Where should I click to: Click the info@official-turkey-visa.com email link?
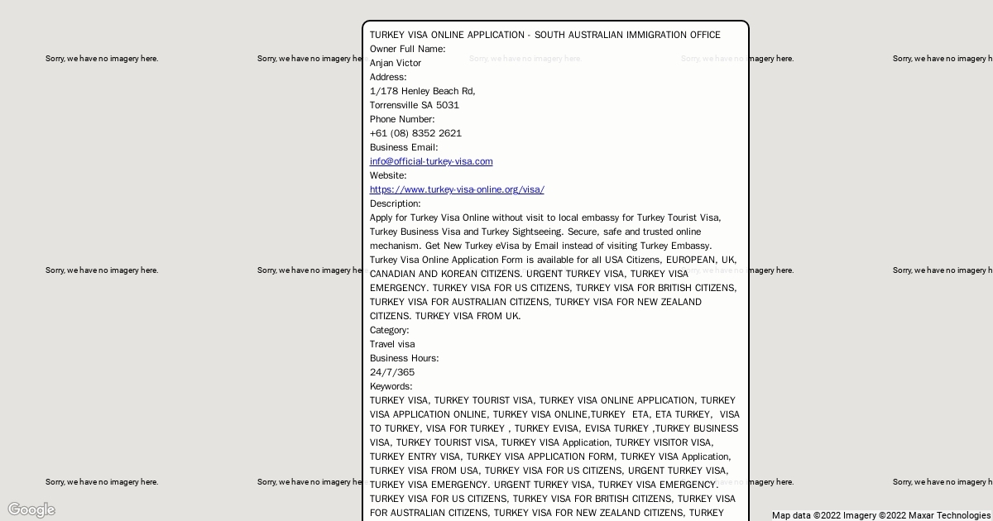coord(431,161)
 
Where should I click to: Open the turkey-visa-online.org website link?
coord(457,189)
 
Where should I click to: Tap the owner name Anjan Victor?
coord(396,63)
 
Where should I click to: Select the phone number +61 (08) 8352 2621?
coord(415,133)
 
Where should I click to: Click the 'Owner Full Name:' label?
coord(407,49)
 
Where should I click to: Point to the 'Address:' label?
coord(388,77)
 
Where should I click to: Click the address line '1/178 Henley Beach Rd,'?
coord(422,91)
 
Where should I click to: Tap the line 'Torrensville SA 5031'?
coord(415,105)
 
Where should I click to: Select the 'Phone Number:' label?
coord(402,119)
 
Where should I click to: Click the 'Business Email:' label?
coord(404,147)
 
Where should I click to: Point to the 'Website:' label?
coord(388,175)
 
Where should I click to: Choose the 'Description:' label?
coord(395,203)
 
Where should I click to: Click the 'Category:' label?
coord(390,330)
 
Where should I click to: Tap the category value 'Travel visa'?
coord(392,344)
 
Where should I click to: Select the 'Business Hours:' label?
coord(405,358)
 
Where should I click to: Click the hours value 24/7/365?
coord(392,372)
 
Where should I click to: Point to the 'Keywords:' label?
coord(391,386)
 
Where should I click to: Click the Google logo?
coord(31,509)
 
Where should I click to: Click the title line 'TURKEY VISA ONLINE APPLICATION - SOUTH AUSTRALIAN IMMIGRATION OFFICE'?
coord(544,35)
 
